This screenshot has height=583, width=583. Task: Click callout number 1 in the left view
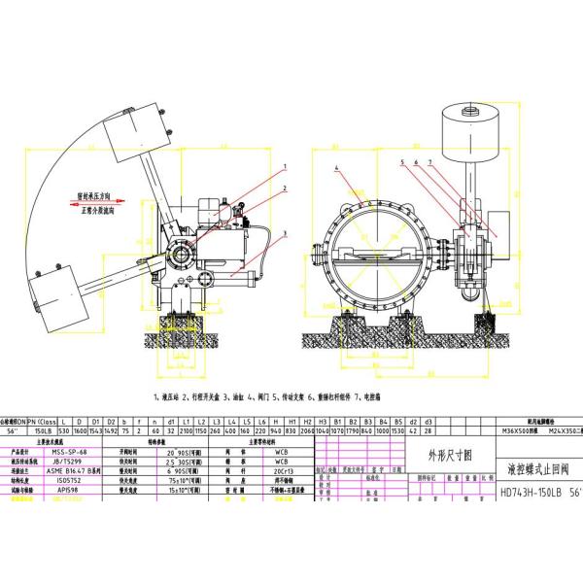point(289,165)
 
